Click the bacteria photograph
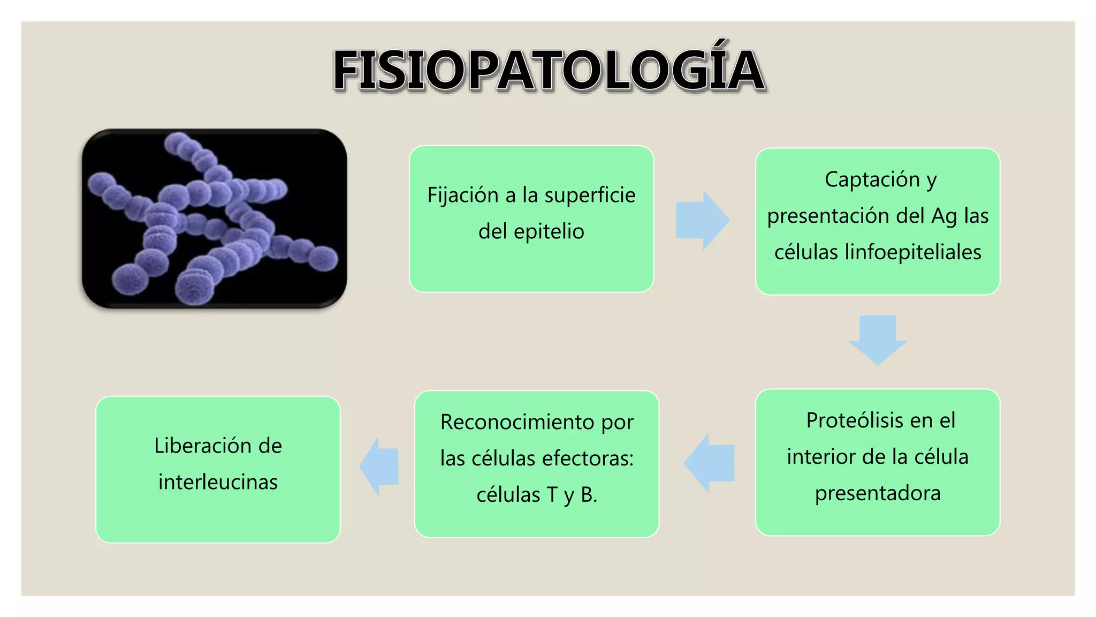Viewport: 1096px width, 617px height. click(x=214, y=219)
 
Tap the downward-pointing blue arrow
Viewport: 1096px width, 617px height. click(x=878, y=340)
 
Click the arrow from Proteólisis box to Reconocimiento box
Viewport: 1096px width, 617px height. click(x=710, y=463)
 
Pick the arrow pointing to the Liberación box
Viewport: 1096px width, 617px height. click(x=379, y=466)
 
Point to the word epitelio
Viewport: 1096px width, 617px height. click(x=549, y=231)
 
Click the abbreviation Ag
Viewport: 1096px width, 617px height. click(x=944, y=216)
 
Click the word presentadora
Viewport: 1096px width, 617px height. click(x=878, y=493)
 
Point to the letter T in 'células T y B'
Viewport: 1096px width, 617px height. click(x=552, y=495)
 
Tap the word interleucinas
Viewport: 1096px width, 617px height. click(x=218, y=482)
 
